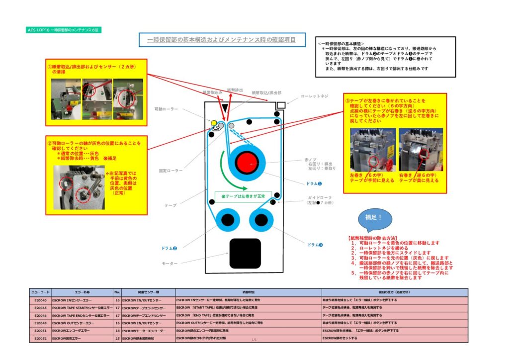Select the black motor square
click(x=245, y=253)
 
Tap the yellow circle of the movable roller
click(x=214, y=123)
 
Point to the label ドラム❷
click(x=170, y=248)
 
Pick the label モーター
click(x=170, y=263)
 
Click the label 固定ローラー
click(x=171, y=170)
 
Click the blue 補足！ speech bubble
click(x=375, y=219)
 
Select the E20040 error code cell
click(x=40, y=301)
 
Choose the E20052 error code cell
click(x=40, y=338)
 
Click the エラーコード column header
click(x=40, y=292)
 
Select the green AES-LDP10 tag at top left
click(x=63, y=30)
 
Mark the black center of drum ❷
click(x=227, y=219)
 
